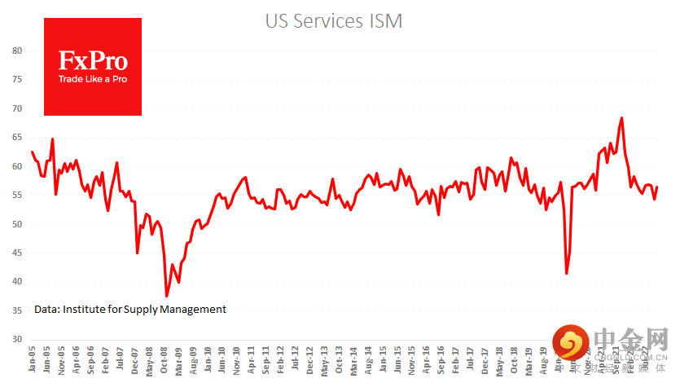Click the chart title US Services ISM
pos(333,21)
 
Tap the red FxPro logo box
pos(92,67)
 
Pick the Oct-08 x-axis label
pos(165,361)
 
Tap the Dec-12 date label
pos(310,361)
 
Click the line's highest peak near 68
pos(622,118)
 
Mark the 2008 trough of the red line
pos(166,297)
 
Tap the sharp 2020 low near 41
pos(566,274)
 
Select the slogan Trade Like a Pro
pos(92,80)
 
